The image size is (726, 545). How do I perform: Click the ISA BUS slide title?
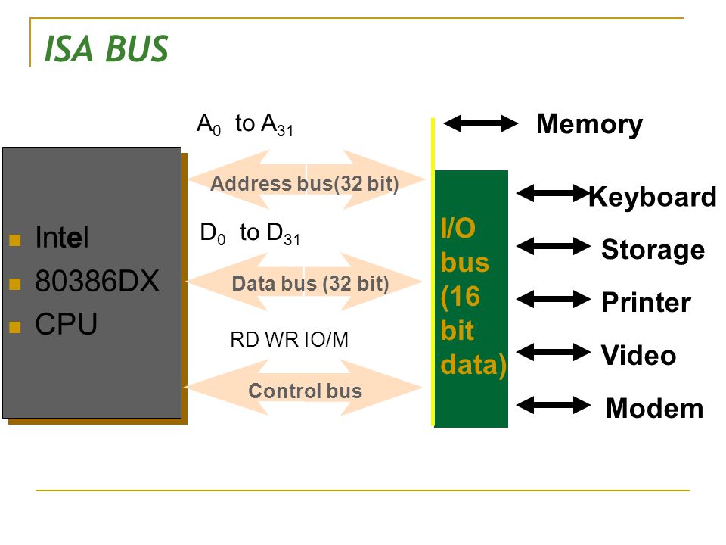point(106,48)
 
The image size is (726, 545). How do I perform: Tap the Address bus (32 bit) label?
point(305,183)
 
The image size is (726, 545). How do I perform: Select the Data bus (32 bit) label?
point(310,284)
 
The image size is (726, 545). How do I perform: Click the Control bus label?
point(305,391)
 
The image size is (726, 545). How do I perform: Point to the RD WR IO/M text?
point(289,340)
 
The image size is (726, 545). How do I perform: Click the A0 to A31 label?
point(245,125)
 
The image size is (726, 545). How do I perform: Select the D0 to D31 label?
point(250,233)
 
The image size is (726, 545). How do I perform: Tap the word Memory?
point(589,125)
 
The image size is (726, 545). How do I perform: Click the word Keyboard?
point(653,198)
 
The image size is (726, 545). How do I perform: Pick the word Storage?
point(653,251)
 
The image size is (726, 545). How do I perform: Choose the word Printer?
point(646,303)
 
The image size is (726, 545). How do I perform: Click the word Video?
point(638,356)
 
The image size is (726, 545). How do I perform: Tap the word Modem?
point(655,408)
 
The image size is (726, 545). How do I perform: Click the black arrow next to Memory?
point(481,123)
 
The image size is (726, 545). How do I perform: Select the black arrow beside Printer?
point(554,300)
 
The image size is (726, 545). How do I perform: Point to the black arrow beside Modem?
point(554,405)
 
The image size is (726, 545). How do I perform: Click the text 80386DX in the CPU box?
point(97,281)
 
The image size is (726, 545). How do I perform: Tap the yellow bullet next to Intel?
point(15,240)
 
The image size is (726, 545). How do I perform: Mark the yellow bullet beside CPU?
point(15,327)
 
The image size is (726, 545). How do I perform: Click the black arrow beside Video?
point(554,352)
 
